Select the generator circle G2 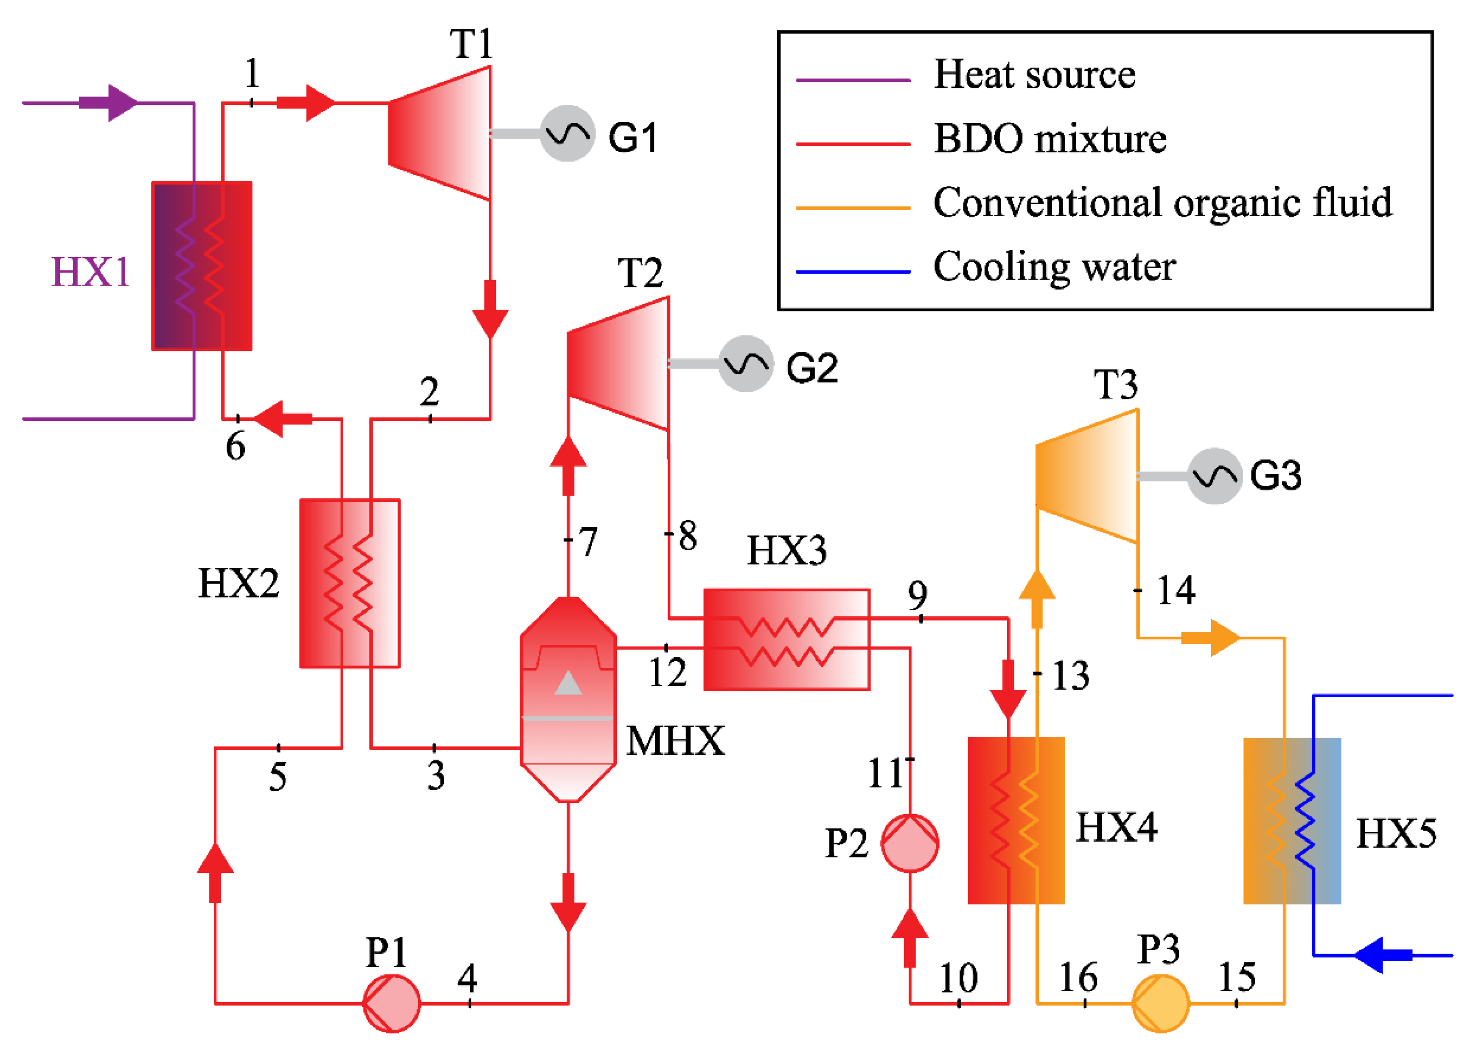745,364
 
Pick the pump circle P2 910,843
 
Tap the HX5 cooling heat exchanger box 1291,821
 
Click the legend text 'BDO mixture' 1049,138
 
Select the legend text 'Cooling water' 1054,266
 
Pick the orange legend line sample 853,207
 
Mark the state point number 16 1078,978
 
